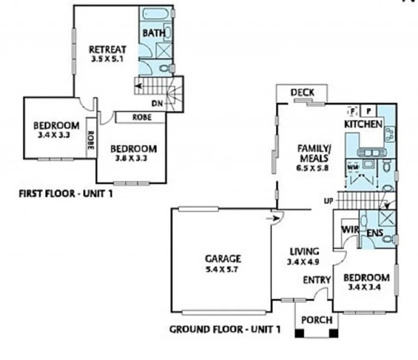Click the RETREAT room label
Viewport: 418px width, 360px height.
tap(107, 49)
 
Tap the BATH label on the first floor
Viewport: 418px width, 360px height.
tap(154, 33)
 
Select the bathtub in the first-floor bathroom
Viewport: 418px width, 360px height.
tap(156, 14)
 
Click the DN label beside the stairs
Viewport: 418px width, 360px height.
tap(157, 104)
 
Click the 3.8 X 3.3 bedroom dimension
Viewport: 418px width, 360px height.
tap(133, 158)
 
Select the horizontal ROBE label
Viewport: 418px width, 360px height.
tap(142, 117)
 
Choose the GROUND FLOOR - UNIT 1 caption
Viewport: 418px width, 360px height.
tap(225, 330)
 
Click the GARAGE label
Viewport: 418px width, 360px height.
tap(223, 258)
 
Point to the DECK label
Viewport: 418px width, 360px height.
tap(302, 92)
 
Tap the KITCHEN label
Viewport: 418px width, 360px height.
tap(363, 124)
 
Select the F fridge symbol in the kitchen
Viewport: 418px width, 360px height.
tap(352, 110)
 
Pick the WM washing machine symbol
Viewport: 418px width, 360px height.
tap(352, 166)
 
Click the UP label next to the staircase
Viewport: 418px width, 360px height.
tap(329, 201)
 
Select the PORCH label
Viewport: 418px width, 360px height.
tap(317, 320)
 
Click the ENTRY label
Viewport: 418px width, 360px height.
tap(317, 280)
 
